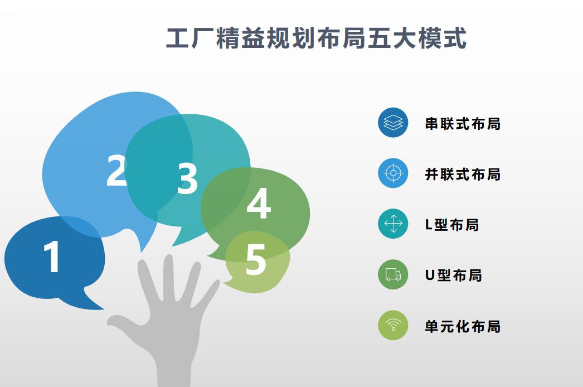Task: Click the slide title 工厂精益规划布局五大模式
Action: [316, 38]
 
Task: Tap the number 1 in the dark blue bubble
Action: [52, 256]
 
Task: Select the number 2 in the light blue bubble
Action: [116, 170]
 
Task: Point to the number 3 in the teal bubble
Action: [187, 178]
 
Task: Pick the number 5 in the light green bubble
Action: [256, 259]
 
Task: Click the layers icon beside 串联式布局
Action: [393, 123]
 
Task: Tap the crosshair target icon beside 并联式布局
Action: [393, 173]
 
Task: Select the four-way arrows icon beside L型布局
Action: [393, 224]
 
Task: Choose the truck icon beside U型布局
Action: [393, 274]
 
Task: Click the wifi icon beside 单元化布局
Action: [393, 325]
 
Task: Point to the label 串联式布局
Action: [463, 124]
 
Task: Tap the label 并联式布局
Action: [463, 174]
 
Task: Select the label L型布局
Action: [452, 225]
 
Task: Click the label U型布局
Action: [454, 275]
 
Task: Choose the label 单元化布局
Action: [463, 326]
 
